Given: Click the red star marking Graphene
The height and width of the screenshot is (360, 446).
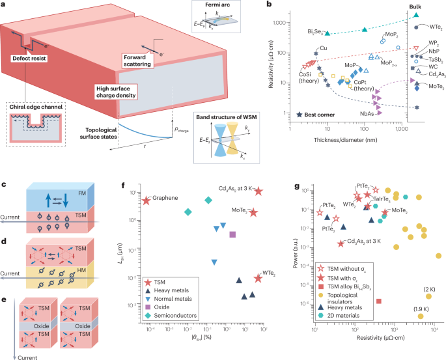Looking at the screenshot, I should (x=146, y=201).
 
